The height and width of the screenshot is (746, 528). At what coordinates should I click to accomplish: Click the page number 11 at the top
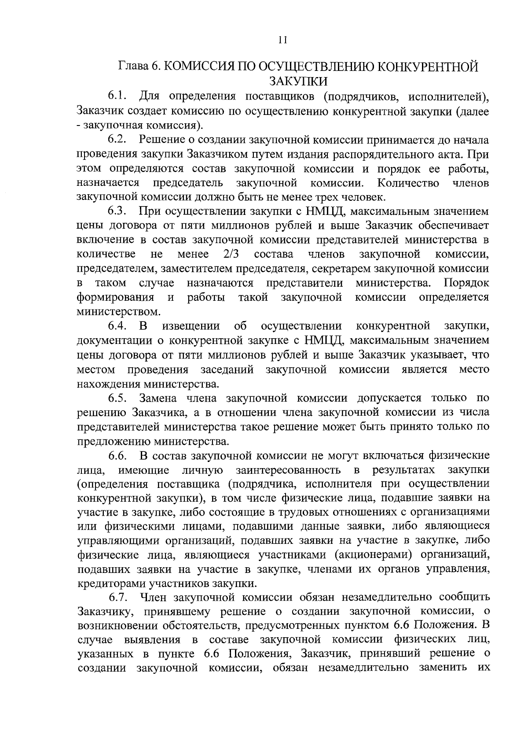[x=282, y=40]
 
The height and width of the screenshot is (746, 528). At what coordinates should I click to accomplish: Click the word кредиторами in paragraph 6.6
[x=112, y=584]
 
